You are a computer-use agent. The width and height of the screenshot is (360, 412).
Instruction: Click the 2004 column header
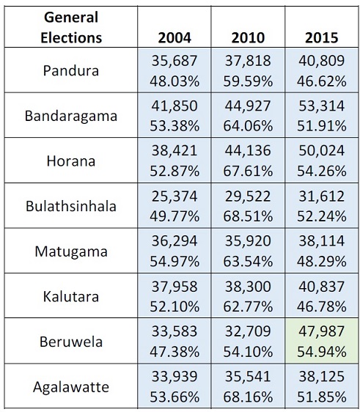(x=175, y=37)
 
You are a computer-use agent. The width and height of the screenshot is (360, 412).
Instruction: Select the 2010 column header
(x=248, y=37)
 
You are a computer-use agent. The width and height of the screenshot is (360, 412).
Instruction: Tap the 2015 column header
(x=321, y=37)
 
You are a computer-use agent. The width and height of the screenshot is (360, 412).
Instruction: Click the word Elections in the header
(x=71, y=37)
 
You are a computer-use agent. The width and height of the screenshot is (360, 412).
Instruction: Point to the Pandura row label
(x=71, y=70)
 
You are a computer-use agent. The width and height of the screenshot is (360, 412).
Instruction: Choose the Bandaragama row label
(x=71, y=116)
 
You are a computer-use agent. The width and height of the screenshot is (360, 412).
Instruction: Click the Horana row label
(x=71, y=161)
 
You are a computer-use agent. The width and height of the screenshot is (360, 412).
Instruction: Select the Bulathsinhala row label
(x=71, y=206)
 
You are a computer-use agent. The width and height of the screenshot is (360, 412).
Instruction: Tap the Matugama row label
(x=71, y=251)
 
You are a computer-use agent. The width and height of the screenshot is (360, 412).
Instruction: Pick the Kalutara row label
(x=71, y=297)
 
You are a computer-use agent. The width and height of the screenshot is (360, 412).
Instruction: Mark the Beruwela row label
(x=71, y=342)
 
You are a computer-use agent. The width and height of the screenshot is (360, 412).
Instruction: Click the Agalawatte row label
(x=71, y=387)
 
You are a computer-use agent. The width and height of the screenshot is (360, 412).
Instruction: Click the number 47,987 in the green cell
(x=321, y=331)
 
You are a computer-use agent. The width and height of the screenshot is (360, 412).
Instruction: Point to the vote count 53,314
(x=321, y=106)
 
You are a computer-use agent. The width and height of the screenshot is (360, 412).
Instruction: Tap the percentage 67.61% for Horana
(x=248, y=171)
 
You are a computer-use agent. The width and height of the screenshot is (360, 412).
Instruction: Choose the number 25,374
(x=175, y=196)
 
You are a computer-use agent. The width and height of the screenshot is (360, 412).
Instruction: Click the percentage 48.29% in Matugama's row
(x=321, y=262)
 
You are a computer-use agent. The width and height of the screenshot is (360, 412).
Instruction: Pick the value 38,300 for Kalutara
(x=248, y=287)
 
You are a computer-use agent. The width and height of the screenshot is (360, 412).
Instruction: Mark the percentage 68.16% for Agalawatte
(x=248, y=397)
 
